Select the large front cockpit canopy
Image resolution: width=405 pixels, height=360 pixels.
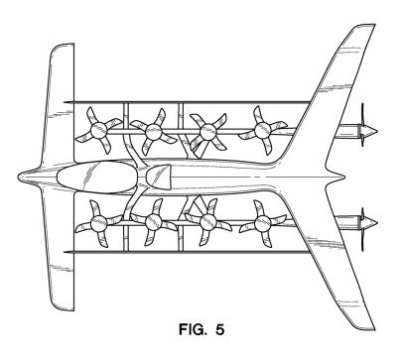[97, 178]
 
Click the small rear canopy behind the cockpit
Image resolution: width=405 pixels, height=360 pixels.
[158, 178]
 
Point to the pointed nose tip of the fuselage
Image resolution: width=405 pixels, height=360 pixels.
[18, 177]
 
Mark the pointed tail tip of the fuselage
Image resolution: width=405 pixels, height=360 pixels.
[344, 178]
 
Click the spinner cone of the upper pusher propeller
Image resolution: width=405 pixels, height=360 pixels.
[371, 131]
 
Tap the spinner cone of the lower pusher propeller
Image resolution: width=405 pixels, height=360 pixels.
[371, 222]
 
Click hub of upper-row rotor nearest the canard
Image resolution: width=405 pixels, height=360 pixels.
[99, 130]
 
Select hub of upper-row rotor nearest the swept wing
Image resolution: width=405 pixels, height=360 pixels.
[263, 130]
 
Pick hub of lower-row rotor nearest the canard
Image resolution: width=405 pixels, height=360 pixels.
[99, 223]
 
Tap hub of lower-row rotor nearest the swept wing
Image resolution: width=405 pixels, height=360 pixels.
[263, 223]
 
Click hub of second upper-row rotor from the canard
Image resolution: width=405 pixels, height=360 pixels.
[153, 132]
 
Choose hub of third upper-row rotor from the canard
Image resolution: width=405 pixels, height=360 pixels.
[208, 132]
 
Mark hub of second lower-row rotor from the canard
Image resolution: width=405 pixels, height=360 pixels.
[153, 222]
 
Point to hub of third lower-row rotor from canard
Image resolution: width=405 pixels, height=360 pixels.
[208, 222]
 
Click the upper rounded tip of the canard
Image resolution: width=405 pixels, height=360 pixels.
[62, 46]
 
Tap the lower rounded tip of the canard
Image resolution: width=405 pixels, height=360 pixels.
[63, 308]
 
